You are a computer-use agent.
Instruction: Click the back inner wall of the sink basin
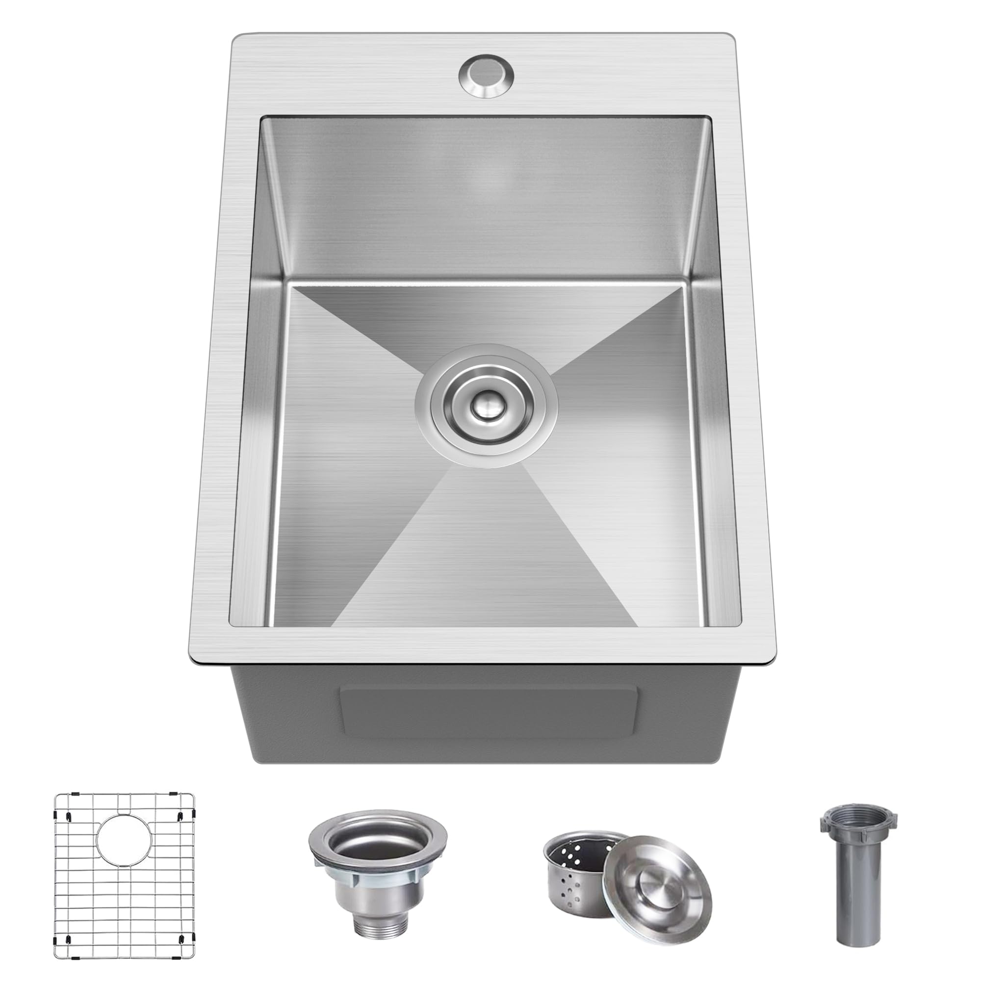[x=486, y=198]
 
